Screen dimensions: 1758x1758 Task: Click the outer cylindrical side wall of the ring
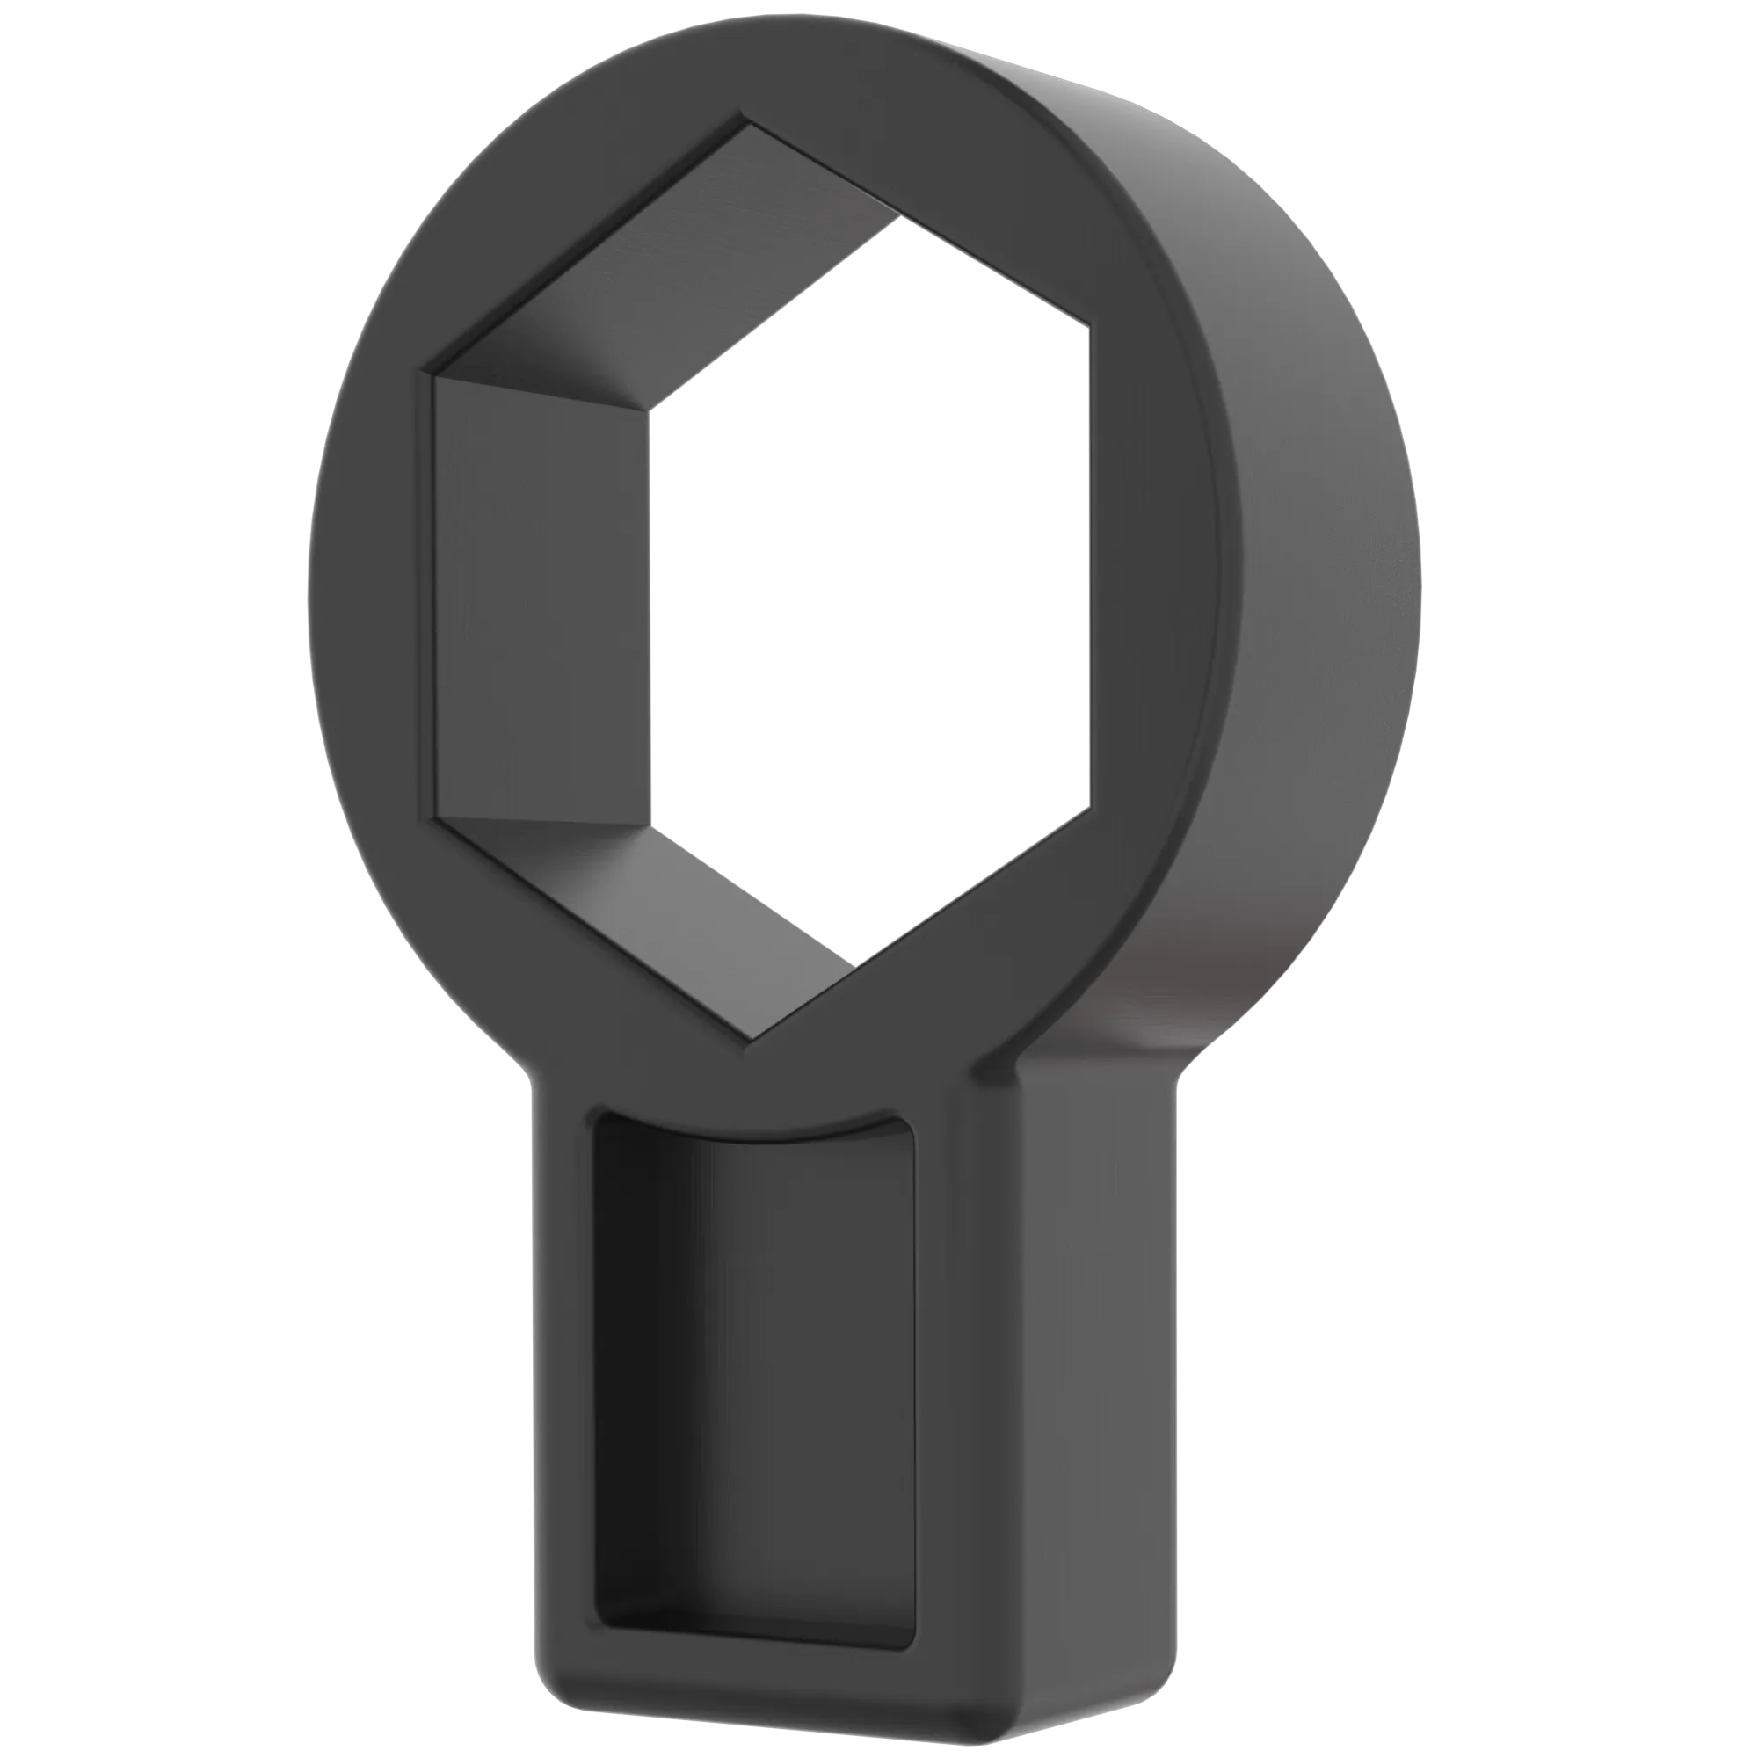[1319, 546]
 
